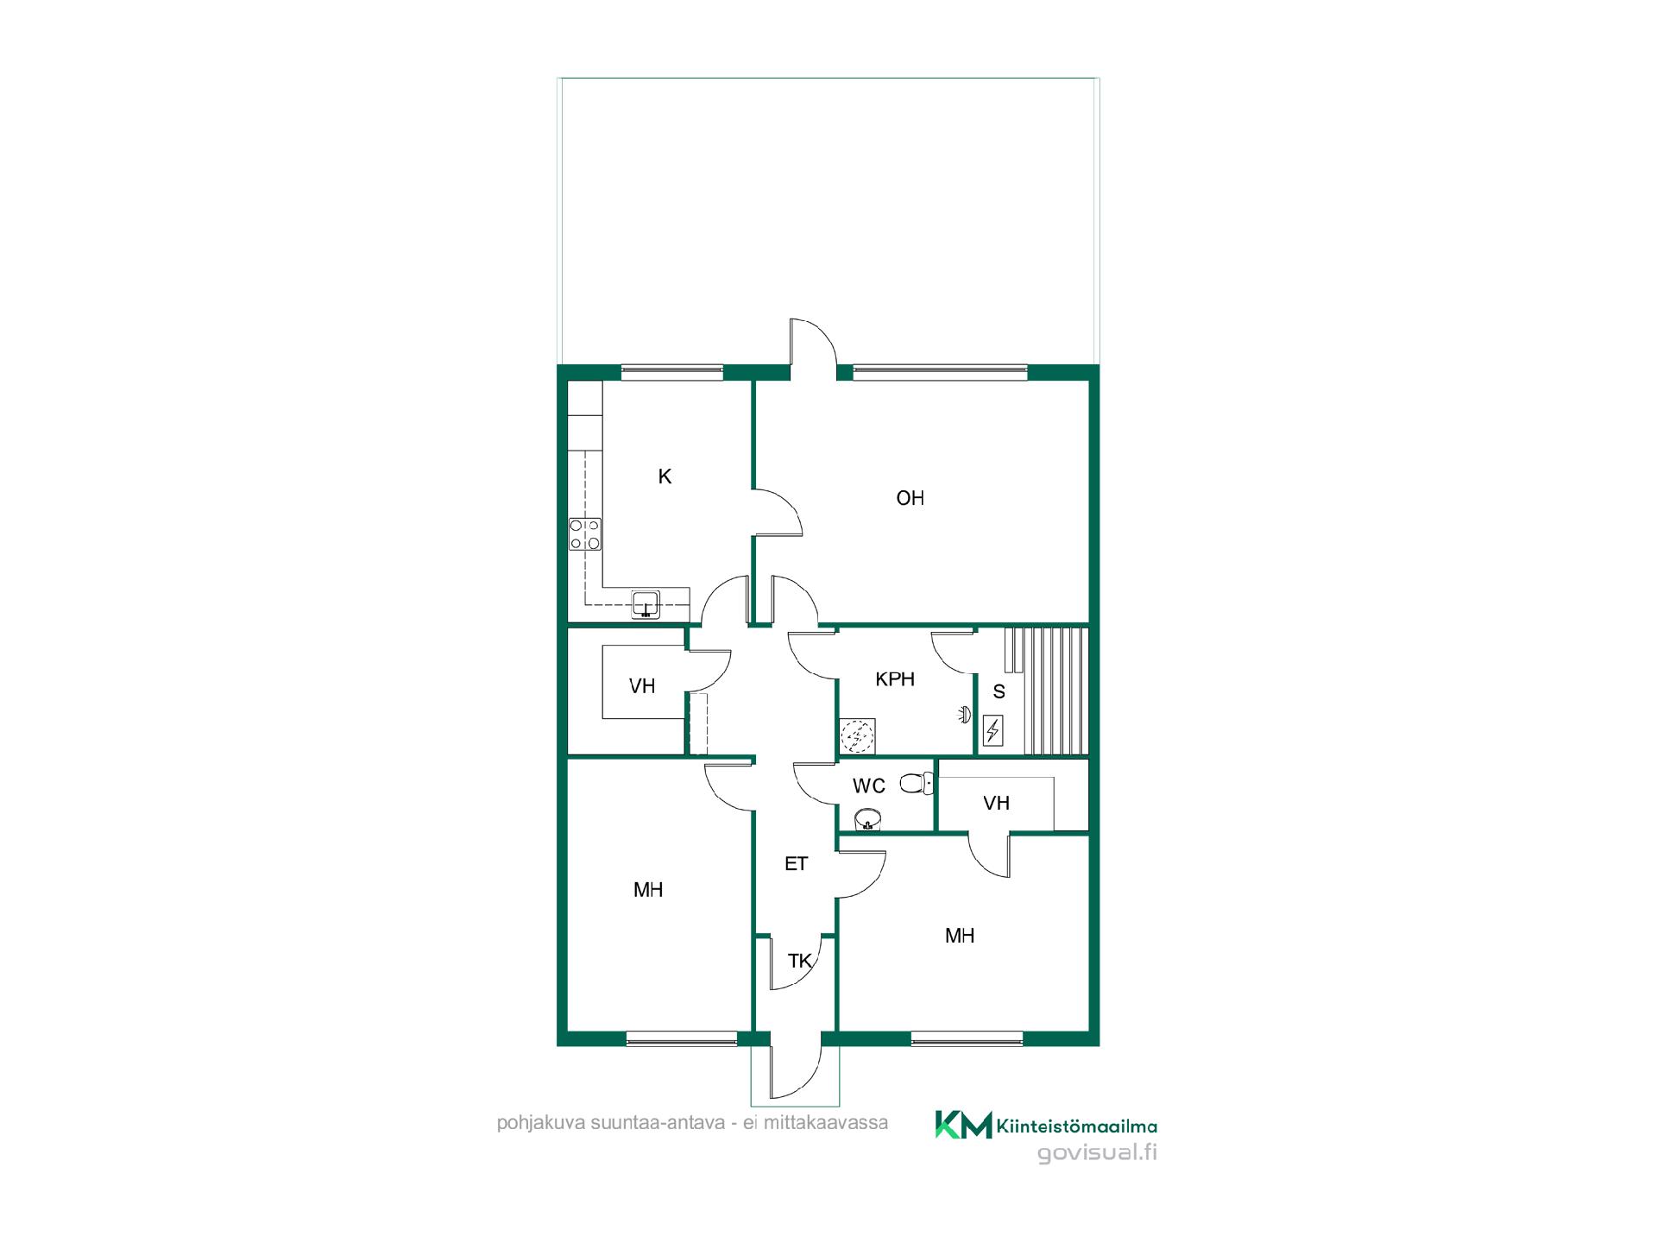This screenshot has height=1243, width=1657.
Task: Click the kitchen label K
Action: tap(665, 476)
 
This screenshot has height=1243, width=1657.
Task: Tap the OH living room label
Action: tap(910, 498)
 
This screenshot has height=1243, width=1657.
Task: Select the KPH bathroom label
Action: tap(895, 679)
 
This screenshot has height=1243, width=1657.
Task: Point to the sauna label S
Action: tap(999, 691)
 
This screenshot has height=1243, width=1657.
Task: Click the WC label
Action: tap(869, 786)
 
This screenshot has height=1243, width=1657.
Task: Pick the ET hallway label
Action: tap(796, 863)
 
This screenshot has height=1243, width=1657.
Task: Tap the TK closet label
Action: tap(800, 961)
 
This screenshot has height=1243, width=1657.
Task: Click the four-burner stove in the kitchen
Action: tap(585, 534)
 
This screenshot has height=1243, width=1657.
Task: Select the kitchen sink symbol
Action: tap(646, 604)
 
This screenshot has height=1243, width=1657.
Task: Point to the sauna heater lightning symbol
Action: tap(993, 731)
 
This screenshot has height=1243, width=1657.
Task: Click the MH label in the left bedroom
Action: tap(648, 890)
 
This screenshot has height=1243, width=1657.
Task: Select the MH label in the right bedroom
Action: tap(960, 936)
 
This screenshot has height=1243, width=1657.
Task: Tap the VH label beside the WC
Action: tap(997, 804)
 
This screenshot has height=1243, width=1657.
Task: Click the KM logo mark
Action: tap(963, 1125)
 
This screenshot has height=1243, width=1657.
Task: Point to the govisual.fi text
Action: tap(1097, 1153)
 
